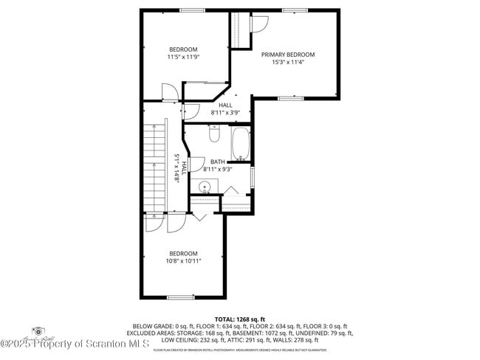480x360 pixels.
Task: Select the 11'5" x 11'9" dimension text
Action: pyautogui.click(x=184, y=57)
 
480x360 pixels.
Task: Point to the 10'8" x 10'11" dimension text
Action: pyautogui.click(x=184, y=260)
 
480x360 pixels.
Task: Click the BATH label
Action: pyautogui.click(x=218, y=162)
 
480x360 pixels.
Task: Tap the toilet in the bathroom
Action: pyautogui.click(x=214, y=134)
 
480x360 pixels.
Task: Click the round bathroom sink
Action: pyautogui.click(x=205, y=186)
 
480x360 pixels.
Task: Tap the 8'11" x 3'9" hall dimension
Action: pyautogui.click(x=225, y=113)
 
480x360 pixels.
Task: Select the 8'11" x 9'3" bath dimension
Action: pyautogui.click(x=218, y=169)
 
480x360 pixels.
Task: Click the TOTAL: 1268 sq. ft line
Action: pyautogui.click(x=240, y=318)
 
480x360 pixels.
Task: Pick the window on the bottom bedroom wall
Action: pyautogui.click(x=180, y=297)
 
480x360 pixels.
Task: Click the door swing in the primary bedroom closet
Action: pyautogui.click(x=258, y=22)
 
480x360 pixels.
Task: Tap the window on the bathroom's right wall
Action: pyautogui.click(x=253, y=177)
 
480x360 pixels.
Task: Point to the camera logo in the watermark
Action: pyautogui.click(x=38, y=332)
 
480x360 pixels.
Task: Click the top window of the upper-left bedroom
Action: pyautogui.click(x=193, y=10)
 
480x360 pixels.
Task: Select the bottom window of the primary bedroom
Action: pyautogui.click(x=290, y=98)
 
